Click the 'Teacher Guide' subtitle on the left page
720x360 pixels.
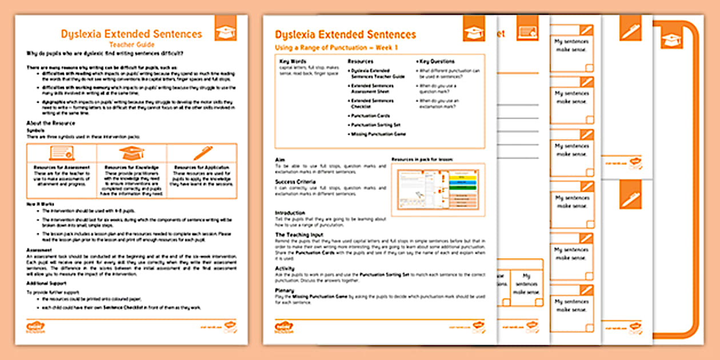click(x=131, y=43)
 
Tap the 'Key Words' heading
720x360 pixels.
click(x=293, y=61)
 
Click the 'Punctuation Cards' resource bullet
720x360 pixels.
click(x=370, y=115)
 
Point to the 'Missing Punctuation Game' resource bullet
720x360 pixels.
click(x=378, y=134)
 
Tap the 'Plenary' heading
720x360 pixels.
click(x=285, y=291)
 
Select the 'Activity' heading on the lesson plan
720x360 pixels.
click(x=285, y=267)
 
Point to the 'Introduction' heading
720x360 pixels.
click(x=290, y=213)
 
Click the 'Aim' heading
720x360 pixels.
click(x=280, y=160)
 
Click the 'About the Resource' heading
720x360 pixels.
click(x=51, y=123)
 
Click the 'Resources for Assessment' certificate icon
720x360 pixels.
click(x=62, y=153)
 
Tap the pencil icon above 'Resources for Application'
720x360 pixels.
click(x=202, y=153)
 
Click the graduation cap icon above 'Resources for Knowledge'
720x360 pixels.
click(x=131, y=153)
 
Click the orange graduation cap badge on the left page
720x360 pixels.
click(x=225, y=28)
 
